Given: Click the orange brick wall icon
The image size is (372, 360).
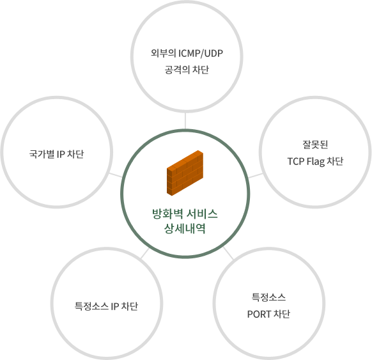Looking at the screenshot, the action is point(185,173).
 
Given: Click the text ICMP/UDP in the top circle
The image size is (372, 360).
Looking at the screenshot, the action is point(201,54).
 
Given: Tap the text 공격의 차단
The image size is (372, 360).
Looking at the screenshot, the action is point(187,70).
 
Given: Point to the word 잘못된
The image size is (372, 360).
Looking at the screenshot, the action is point(315,145).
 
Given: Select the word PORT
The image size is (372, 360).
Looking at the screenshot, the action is point(259,315).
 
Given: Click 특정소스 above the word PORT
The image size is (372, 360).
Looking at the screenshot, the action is point(268,297).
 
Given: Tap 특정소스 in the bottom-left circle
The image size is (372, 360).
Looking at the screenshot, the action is point(91,306).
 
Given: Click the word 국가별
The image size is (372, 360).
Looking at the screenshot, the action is point(42,154).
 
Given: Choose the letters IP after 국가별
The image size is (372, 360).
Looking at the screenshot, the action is point(61,154).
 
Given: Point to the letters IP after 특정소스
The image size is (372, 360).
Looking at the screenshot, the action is point(115,306).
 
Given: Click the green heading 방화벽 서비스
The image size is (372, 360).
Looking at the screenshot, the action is point(185,214).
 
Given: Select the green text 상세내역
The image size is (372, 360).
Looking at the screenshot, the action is point(185,228).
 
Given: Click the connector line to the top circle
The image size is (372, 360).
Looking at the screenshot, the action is point(185,121).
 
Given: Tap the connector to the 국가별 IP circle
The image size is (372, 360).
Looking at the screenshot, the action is point(116,175).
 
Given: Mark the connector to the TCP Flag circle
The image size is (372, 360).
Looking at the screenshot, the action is point(256,175).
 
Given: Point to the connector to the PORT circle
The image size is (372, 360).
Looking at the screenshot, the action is point(228,253).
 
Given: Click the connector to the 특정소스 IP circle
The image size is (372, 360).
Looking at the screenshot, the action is point(144,253).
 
